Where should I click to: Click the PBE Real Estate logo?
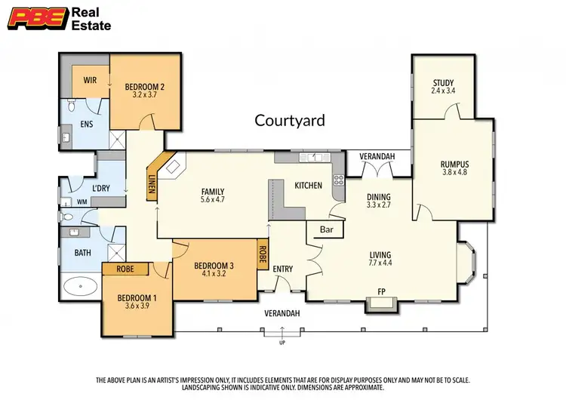click(61, 20)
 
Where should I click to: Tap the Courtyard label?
click(289, 120)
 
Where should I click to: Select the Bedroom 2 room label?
click(145, 87)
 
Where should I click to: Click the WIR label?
click(89, 78)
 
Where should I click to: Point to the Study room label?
click(443, 83)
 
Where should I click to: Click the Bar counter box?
click(326, 230)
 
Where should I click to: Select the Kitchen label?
click(308, 185)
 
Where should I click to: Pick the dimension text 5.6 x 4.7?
click(213, 200)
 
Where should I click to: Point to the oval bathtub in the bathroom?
click(79, 287)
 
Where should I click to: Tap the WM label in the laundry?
click(81, 202)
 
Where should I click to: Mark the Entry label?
click(283, 269)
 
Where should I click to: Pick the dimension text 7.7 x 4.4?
click(381, 264)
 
